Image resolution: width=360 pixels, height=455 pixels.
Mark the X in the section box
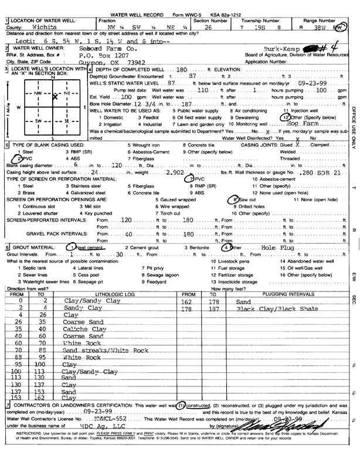(54, 98)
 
